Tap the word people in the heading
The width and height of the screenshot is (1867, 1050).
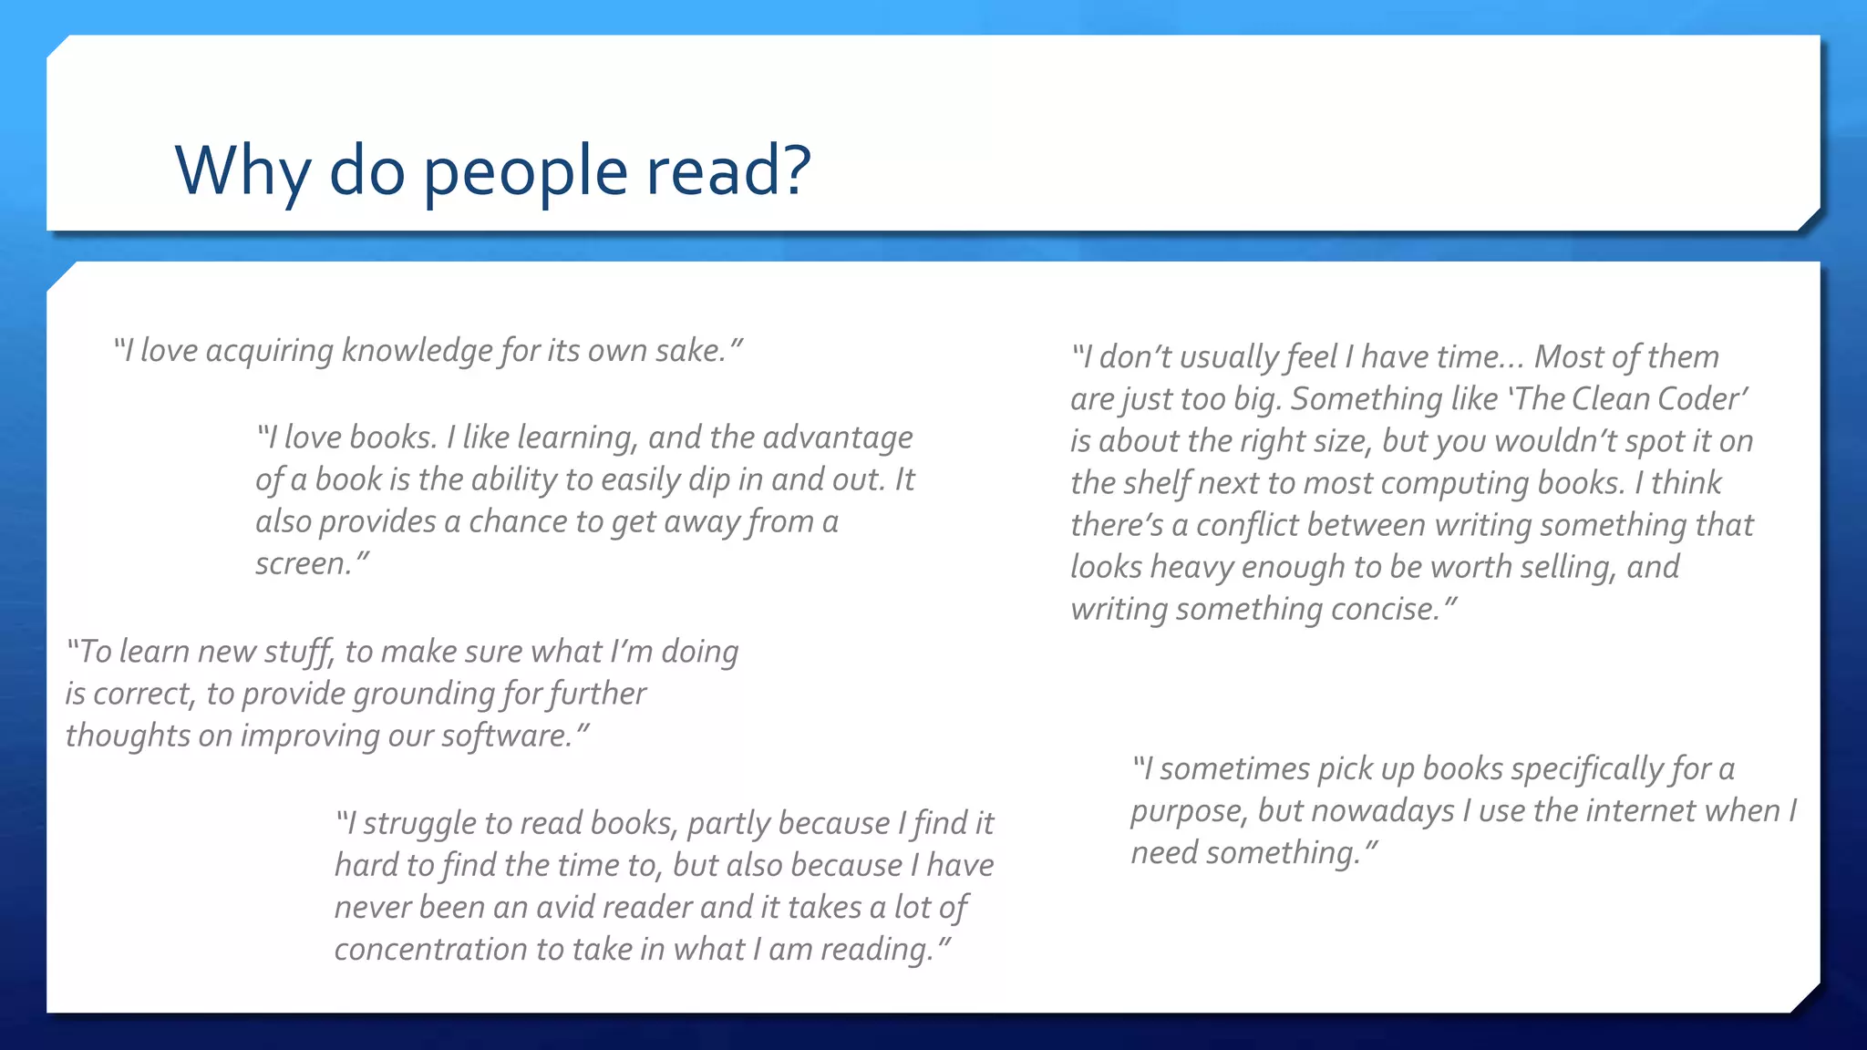[x=525, y=171]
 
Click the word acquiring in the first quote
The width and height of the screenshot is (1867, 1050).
[x=269, y=351]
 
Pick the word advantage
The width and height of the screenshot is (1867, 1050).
[x=837, y=437]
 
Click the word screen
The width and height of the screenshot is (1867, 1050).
[x=303, y=564]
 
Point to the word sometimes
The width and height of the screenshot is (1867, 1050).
[x=1234, y=769]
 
